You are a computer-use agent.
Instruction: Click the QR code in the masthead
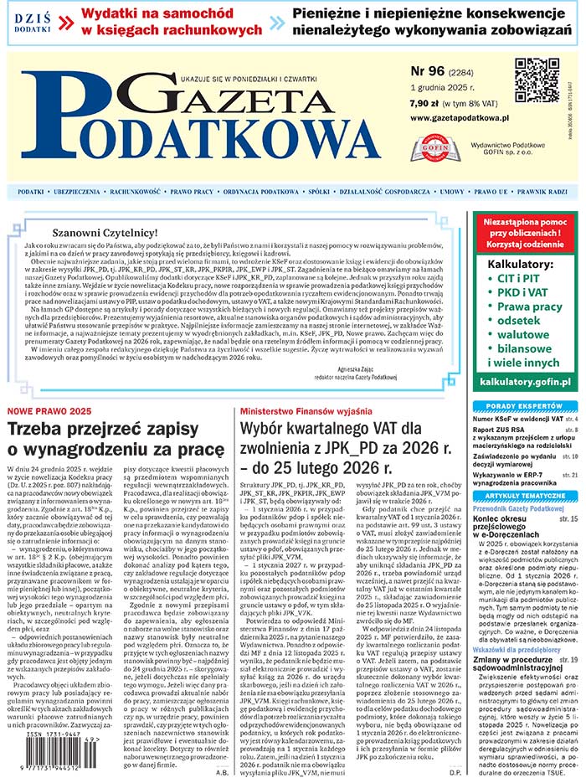coord(536,80)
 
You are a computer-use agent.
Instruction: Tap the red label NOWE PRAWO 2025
coord(49,412)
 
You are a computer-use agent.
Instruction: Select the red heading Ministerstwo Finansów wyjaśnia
coord(306,412)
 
